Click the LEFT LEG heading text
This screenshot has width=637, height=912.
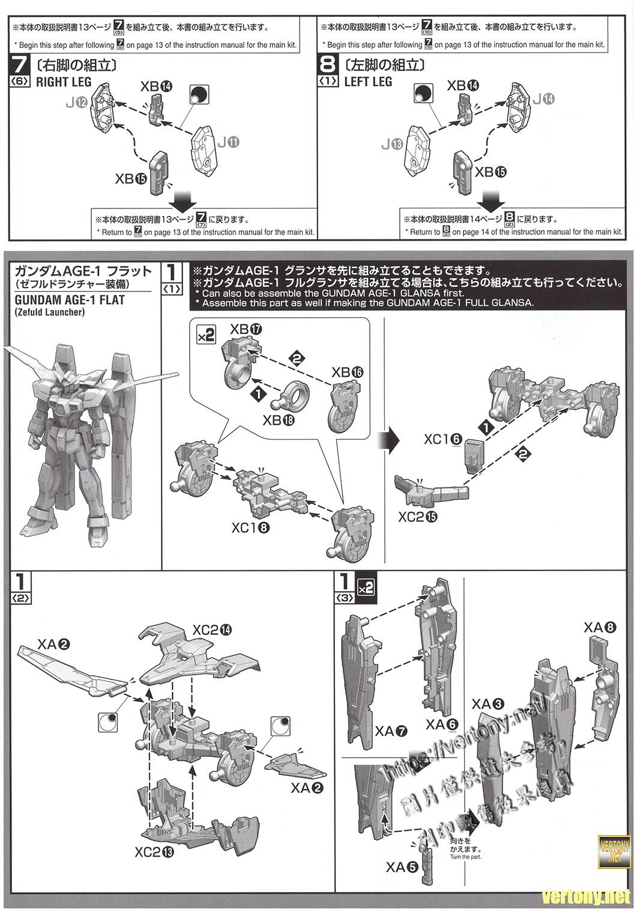coord(368,82)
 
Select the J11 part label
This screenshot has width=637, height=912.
coord(228,142)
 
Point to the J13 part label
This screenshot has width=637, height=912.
coord(394,144)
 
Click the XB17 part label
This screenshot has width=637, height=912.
coord(246,329)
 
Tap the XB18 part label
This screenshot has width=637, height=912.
coord(279,420)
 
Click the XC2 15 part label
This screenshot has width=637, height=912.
coord(420,517)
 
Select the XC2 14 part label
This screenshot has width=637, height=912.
coord(212,630)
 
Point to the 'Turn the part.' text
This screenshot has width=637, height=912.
coord(465,857)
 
